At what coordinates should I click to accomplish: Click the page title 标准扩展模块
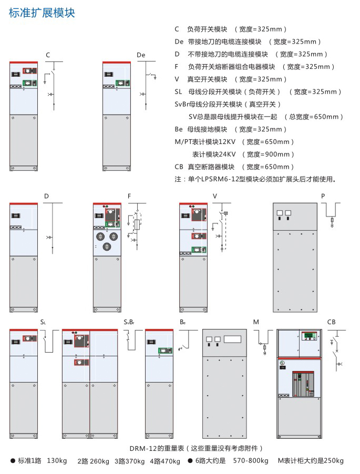(42, 13)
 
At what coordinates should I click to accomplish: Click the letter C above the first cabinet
(48, 55)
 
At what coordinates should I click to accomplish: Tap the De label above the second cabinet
(141, 55)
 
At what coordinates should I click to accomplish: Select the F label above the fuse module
(129, 196)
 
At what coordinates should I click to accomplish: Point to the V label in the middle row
(215, 196)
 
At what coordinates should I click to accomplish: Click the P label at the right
(323, 196)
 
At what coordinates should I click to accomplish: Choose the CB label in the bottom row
(331, 322)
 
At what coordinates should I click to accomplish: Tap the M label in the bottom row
(256, 322)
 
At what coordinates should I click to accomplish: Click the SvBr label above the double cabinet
(129, 322)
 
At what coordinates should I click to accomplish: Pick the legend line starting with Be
(231, 129)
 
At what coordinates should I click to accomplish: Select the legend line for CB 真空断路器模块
(234, 167)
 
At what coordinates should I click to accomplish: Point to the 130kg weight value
(57, 461)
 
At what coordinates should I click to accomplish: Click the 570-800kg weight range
(251, 461)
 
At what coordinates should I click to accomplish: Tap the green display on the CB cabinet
(310, 336)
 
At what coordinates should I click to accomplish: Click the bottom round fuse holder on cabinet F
(107, 246)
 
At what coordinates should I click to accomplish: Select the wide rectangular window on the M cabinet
(232, 339)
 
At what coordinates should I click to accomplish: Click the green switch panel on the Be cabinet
(166, 351)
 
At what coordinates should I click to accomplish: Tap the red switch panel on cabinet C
(30, 71)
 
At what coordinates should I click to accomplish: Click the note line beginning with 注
(255, 179)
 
